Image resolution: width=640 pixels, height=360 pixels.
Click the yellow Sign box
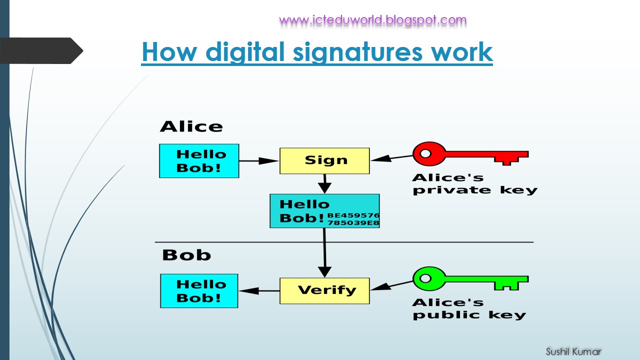tap(324, 160)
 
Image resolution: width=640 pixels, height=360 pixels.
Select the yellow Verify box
tap(324, 290)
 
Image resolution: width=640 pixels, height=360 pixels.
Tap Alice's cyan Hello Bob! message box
tap(199, 161)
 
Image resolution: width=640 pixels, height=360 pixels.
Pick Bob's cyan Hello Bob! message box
tap(199, 291)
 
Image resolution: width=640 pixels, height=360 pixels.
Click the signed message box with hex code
tap(324, 211)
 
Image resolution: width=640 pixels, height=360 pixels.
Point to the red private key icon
tap(470, 153)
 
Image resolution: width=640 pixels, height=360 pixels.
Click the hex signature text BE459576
tap(353, 215)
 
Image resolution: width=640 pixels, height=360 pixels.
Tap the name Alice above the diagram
tap(191, 126)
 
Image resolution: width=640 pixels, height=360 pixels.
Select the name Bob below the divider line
tap(186, 255)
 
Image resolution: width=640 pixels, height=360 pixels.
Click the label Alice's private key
tap(474, 184)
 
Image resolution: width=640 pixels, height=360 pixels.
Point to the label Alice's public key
tap(469, 309)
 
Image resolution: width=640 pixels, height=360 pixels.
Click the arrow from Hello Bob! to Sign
tap(258, 161)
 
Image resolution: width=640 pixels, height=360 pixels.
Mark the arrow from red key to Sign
tap(391, 157)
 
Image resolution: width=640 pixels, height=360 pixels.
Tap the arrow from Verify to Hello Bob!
tap(258, 291)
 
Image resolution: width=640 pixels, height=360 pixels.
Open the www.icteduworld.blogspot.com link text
tap(372, 20)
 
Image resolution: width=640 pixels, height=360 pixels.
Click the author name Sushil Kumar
tap(573, 351)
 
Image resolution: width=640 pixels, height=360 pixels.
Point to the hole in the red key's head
tap(425, 153)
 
